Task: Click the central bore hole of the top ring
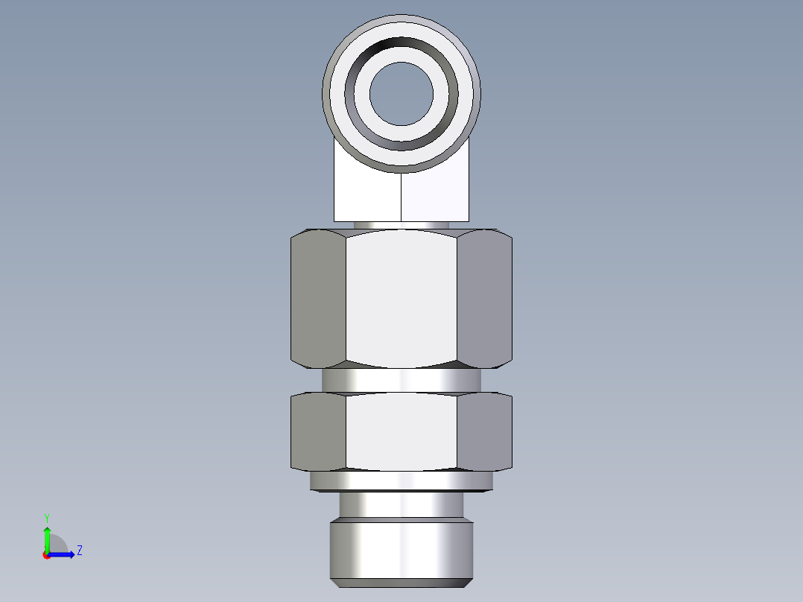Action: coord(401,93)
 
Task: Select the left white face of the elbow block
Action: coord(367,195)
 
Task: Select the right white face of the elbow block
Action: coord(436,195)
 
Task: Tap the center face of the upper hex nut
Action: coord(401,298)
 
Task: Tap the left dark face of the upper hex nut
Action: coord(318,298)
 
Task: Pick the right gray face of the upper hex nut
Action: coord(484,298)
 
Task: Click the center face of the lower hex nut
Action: coord(401,431)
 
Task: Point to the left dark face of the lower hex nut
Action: coord(318,431)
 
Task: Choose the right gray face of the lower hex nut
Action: coord(484,431)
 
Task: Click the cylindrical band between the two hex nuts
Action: coord(401,381)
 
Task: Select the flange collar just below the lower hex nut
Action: coord(401,481)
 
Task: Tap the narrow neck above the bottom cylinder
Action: coord(401,505)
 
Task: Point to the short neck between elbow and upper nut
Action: coord(401,225)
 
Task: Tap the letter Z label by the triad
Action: coord(79,551)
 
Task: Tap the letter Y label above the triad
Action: coord(46,517)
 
